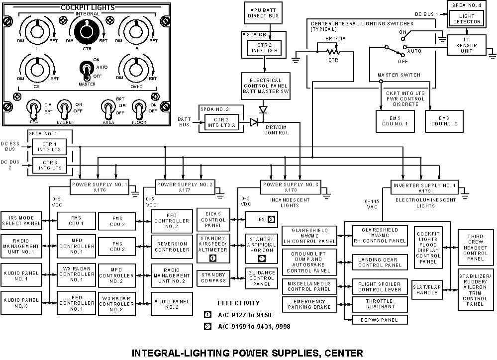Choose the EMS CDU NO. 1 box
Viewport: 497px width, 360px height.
395,121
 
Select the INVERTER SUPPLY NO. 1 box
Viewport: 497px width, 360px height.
417,186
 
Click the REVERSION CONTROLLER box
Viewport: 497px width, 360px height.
172,247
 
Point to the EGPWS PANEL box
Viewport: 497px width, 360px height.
379,319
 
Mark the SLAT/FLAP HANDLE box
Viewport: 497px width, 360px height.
426,290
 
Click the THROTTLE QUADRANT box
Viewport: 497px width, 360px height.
379,304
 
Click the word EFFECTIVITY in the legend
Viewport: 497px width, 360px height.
238,303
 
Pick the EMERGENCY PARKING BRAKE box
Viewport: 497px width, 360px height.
309,304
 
